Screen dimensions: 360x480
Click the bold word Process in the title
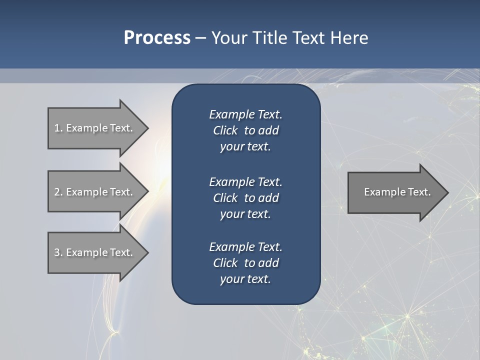point(157,38)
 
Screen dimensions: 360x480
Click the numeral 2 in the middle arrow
point(57,192)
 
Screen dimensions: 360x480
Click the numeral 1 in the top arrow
point(57,128)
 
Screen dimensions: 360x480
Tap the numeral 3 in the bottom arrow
point(57,252)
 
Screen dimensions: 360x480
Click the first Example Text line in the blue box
point(245,114)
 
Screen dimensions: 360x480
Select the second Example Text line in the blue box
point(245,181)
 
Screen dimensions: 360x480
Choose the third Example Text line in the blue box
point(245,247)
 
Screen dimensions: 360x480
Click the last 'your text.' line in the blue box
point(245,279)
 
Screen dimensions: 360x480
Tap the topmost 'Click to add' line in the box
point(245,130)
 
